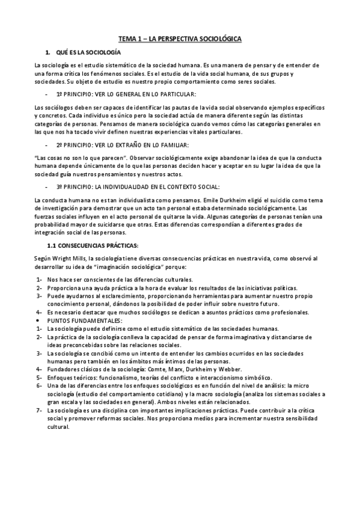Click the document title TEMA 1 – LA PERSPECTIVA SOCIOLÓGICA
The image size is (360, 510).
point(180,38)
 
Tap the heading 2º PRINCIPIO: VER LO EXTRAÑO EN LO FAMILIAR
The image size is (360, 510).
point(122,145)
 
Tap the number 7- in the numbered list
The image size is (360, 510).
point(39,410)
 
